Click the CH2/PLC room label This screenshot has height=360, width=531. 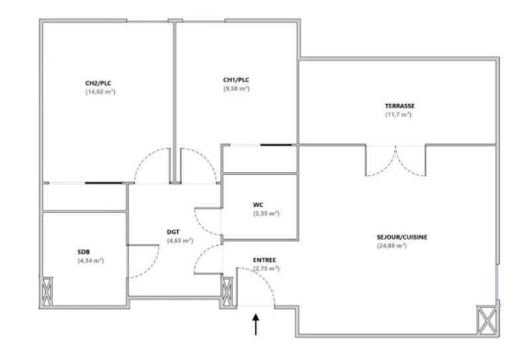[x=98, y=83]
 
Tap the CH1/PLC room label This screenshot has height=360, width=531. [x=236, y=80]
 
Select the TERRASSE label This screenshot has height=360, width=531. [x=400, y=106]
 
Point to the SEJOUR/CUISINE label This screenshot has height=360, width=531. [x=402, y=237]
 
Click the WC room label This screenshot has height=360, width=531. [x=258, y=205]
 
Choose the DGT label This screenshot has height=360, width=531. [x=173, y=232]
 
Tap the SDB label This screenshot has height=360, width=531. [x=84, y=252]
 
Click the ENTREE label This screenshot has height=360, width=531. [x=264, y=260]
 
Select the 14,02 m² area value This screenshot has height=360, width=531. [x=101, y=92]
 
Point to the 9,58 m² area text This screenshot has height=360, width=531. [x=236, y=88]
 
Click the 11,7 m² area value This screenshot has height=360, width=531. [x=398, y=115]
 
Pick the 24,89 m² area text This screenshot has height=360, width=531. [x=392, y=246]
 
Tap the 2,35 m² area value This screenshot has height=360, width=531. [x=267, y=214]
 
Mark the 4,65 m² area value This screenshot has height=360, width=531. [x=180, y=240]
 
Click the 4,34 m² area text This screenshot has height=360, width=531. [x=91, y=260]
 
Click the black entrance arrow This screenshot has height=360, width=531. [x=256, y=324]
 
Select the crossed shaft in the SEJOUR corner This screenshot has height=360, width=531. [x=487, y=320]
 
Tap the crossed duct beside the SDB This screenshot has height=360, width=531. [x=46, y=292]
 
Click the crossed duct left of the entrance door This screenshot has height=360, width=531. [x=227, y=292]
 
